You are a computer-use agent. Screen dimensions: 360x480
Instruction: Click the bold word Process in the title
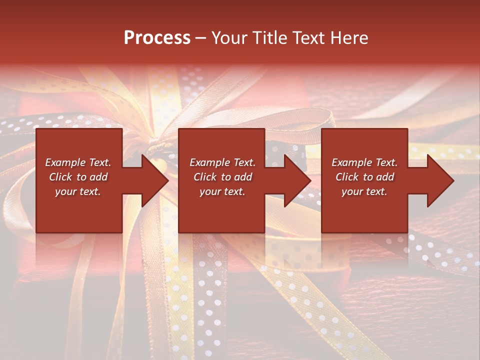coord(157,38)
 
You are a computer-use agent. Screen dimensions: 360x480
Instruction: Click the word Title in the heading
coord(270,38)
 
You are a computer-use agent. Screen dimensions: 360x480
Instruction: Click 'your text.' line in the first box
coord(77,191)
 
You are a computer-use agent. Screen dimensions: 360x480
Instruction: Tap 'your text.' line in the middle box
coord(222,191)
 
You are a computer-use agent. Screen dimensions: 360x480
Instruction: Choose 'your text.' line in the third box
coord(364,191)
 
